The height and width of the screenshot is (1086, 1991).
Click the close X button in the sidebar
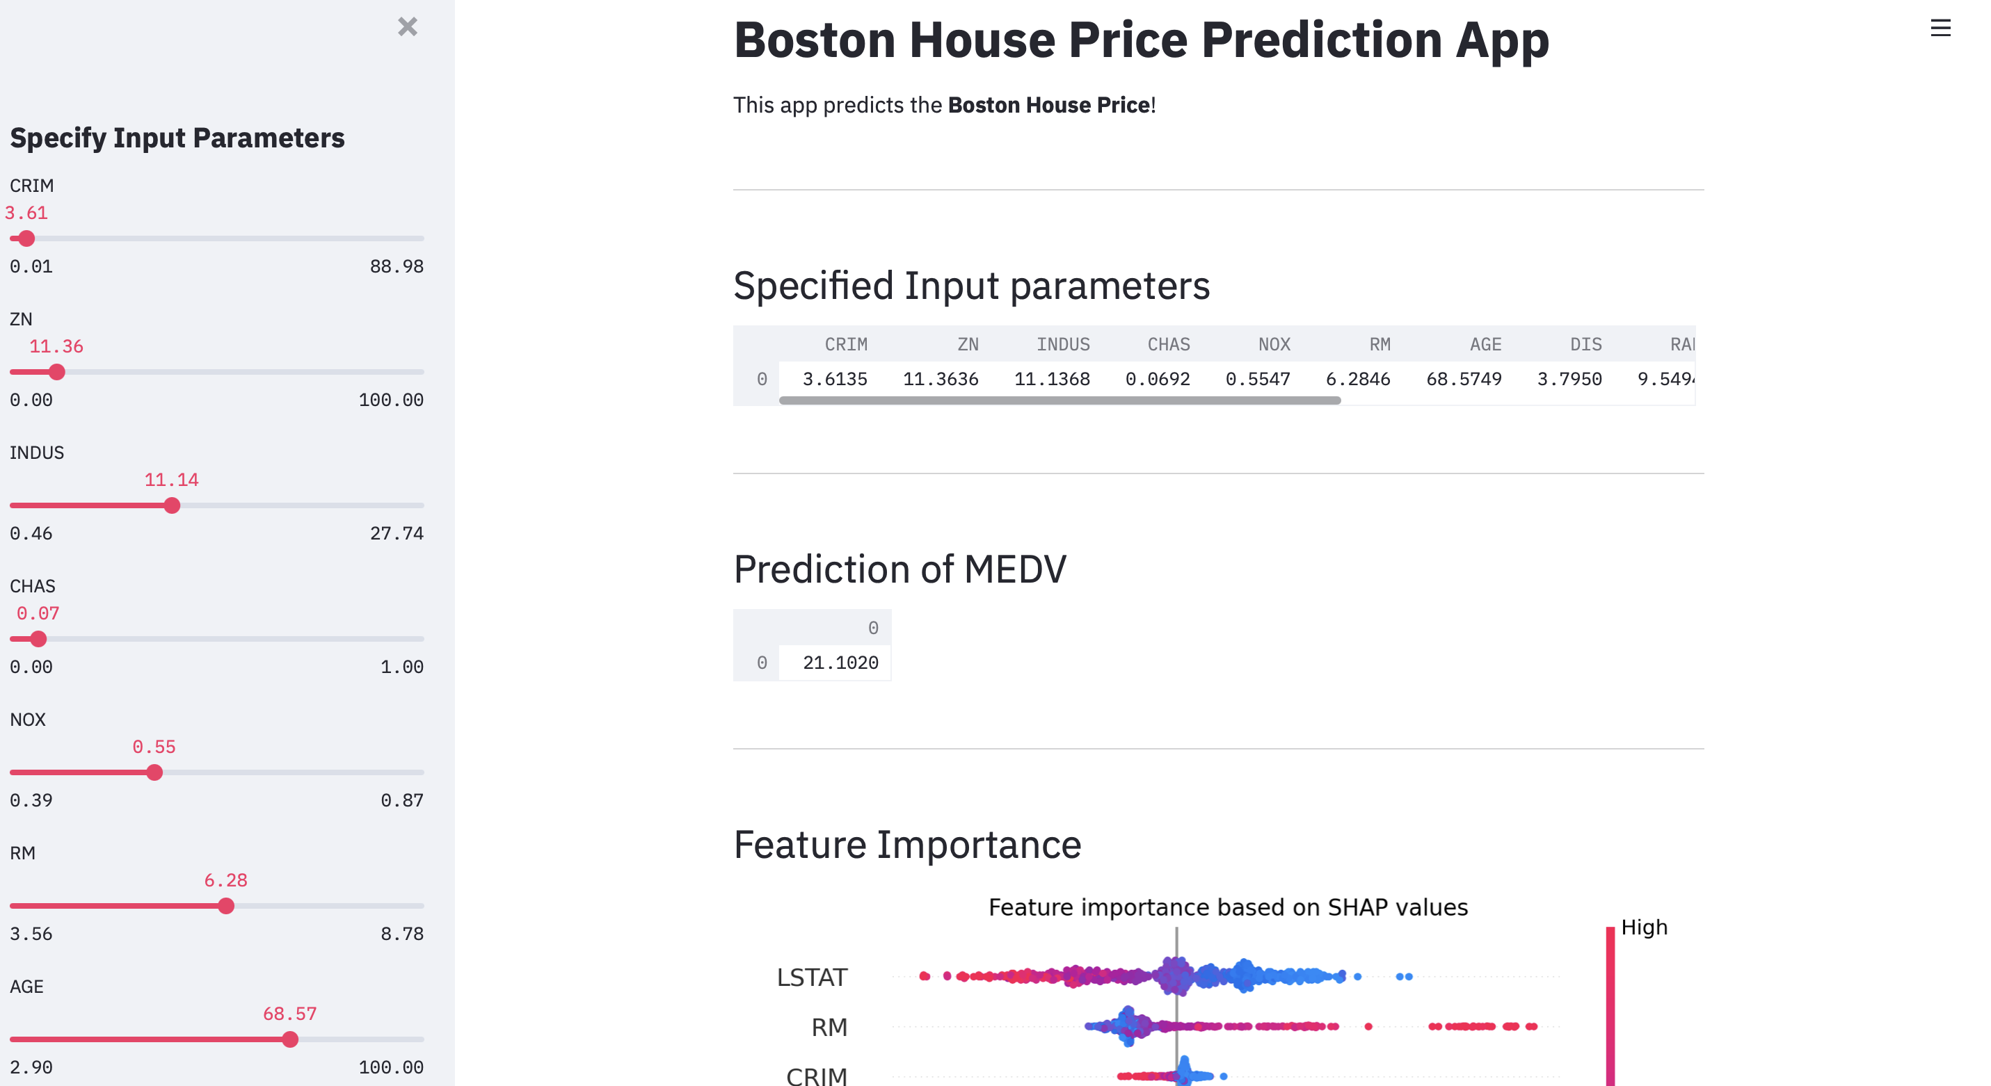pos(408,27)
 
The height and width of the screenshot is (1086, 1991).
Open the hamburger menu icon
pos(1940,29)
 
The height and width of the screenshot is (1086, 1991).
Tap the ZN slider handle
pos(56,372)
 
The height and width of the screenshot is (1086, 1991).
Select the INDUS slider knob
pos(173,506)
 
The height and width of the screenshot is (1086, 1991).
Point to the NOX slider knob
pos(154,772)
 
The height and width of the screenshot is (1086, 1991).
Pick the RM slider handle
pos(225,906)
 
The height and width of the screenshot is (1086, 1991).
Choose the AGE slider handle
pos(290,1039)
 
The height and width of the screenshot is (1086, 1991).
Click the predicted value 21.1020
pos(840,663)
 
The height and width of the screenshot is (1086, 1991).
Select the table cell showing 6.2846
pos(1358,379)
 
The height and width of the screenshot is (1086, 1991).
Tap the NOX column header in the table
pos(1274,344)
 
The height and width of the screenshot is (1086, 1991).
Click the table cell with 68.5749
pos(1464,379)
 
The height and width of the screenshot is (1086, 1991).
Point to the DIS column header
pos(1586,344)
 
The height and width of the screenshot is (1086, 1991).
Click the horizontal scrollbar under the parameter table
pos(1060,400)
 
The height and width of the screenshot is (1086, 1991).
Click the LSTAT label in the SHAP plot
pos(812,977)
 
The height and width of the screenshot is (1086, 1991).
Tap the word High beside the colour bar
pos(1644,927)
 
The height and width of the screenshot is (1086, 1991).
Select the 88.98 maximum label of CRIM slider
pos(397,266)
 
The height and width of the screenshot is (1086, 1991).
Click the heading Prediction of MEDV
pos(899,569)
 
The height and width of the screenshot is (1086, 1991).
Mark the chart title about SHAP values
pos(1228,907)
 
